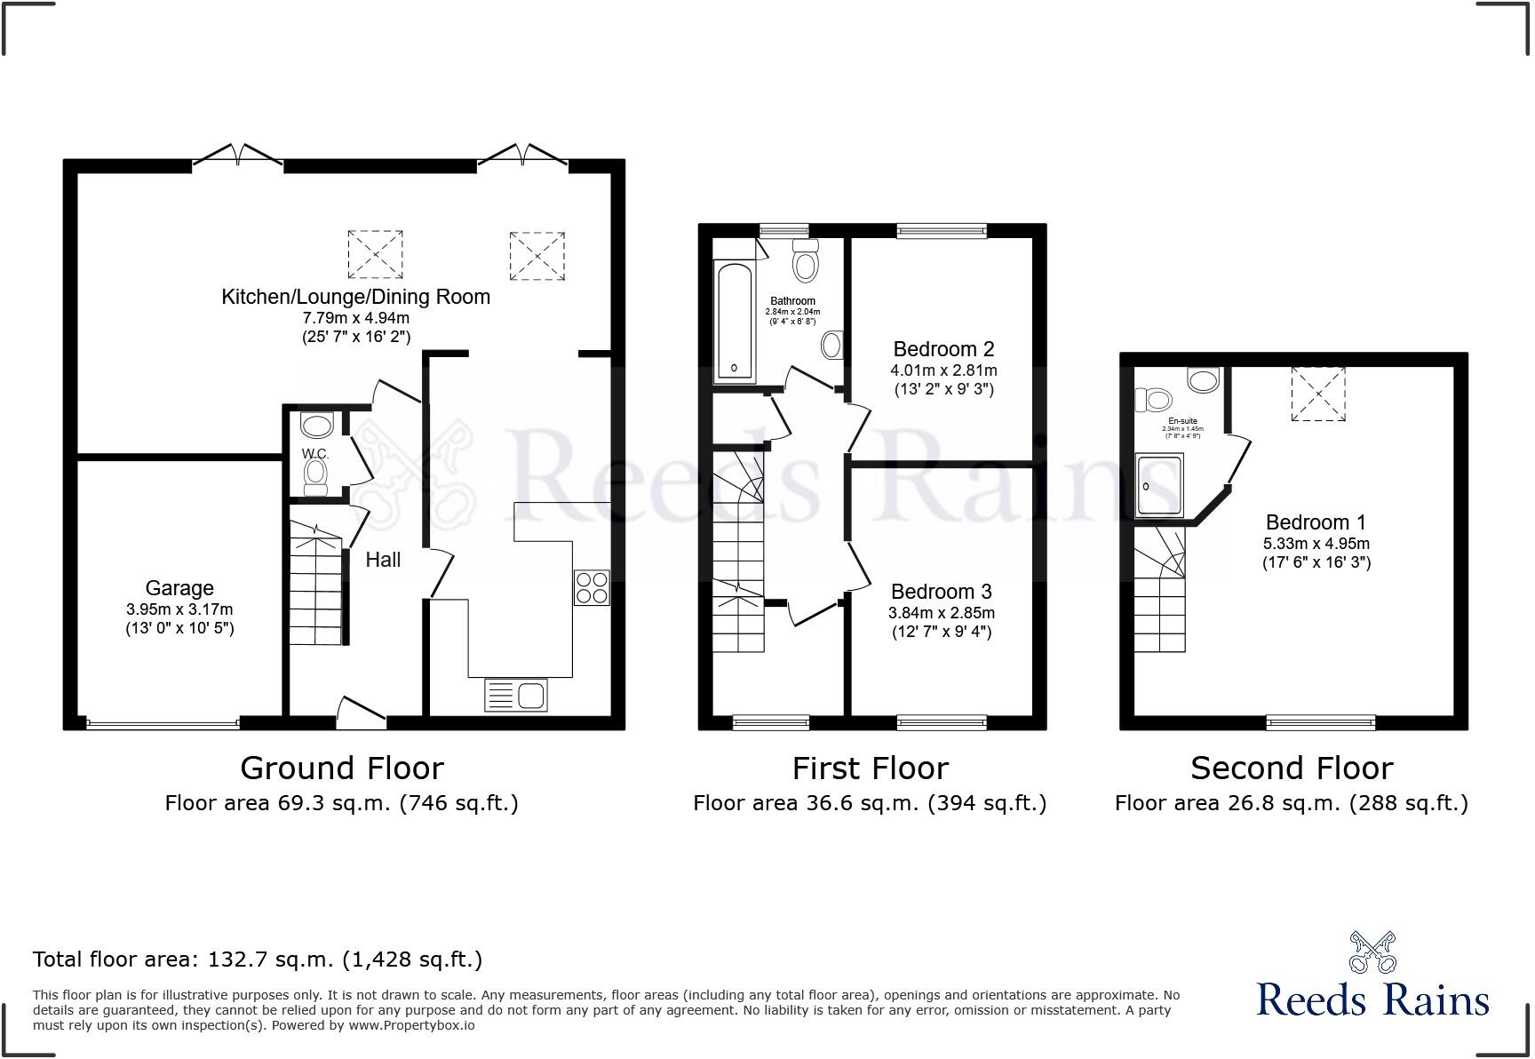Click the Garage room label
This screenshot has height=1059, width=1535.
click(x=179, y=588)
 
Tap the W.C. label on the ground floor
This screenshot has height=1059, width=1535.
click(x=315, y=454)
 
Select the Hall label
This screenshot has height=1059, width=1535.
click(x=383, y=560)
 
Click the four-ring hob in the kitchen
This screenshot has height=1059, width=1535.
click(x=592, y=587)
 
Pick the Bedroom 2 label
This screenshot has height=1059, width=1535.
click(x=943, y=349)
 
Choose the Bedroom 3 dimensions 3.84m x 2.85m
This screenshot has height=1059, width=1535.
click(x=942, y=613)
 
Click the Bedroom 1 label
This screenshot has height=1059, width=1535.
click(x=1316, y=522)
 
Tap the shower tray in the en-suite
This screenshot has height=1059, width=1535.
click(x=1159, y=485)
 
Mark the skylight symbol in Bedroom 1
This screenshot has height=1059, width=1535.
click(x=1318, y=393)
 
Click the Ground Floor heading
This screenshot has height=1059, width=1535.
click(x=342, y=768)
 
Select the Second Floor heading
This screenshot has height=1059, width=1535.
click(x=1292, y=768)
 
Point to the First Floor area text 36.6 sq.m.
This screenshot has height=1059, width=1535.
click(x=870, y=803)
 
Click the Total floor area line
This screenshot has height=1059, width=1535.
click(x=258, y=959)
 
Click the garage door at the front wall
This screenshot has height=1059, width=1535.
click(x=163, y=723)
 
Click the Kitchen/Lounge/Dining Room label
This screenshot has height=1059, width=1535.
click(x=355, y=297)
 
